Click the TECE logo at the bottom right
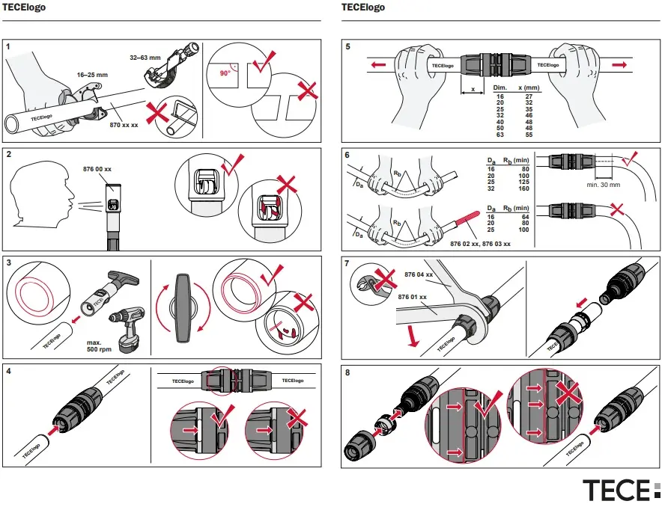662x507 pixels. [x=621, y=490]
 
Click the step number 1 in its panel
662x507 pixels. [x=8, y=47]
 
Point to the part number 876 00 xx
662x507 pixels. [x=97, y=170]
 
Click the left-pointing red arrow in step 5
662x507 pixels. [x=379, y=66]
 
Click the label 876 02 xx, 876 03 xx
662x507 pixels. [x=480, y=244]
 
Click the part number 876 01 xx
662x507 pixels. [x=412, y=297]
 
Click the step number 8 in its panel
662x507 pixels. [x=347, y=372]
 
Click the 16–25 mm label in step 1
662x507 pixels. [x=92, y=75]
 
